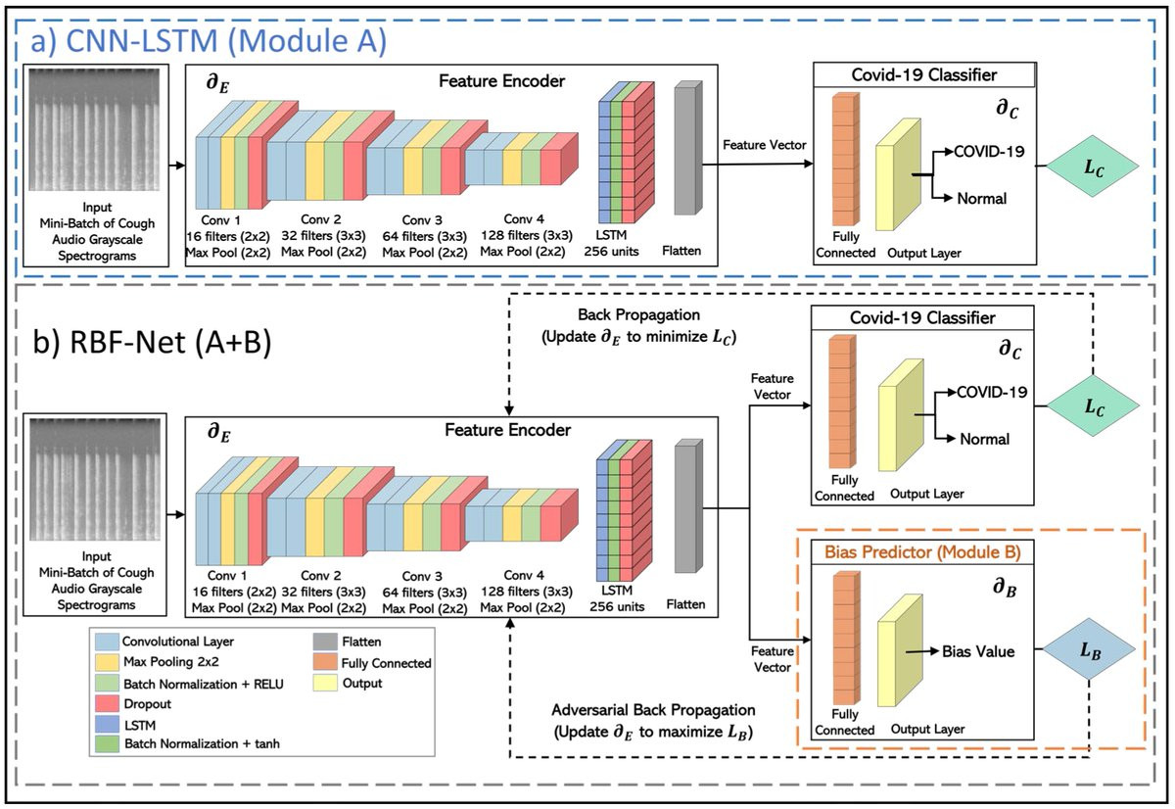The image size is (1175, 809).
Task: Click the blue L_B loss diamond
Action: tap(1089, 649)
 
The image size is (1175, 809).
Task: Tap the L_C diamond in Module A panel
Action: tap(1093, 167)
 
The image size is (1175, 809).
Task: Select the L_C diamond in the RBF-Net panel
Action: tap(1093, 405)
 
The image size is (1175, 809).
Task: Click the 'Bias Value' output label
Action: tap(978, 651)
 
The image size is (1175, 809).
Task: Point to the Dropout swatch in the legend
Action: tap(107, 704)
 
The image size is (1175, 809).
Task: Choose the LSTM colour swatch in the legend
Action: tap(107, 725)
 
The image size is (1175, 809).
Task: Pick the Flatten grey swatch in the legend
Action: tap(325, 642)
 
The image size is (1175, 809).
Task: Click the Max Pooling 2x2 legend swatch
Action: tap(107, 661)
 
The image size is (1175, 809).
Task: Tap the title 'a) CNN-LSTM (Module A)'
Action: tap(209, 41)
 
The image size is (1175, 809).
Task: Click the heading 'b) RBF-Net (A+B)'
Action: tap(152, 342)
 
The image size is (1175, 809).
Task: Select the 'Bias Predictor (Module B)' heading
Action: tap(922, 552)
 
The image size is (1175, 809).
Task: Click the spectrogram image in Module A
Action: tap(94, 129)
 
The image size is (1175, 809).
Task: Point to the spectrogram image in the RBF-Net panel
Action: tap(95, 479)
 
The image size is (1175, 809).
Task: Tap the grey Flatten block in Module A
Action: tap(688, 148)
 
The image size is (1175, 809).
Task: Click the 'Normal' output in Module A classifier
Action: tap(981, 198)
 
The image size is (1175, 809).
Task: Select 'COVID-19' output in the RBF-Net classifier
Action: tap(991, 392)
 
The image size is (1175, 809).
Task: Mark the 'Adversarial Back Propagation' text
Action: tap(653, 710)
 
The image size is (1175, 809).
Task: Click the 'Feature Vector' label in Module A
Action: tap(765, 145)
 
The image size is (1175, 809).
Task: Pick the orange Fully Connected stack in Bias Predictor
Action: tap(846, 638)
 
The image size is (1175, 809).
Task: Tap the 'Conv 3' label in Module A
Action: tap(422, 219)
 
